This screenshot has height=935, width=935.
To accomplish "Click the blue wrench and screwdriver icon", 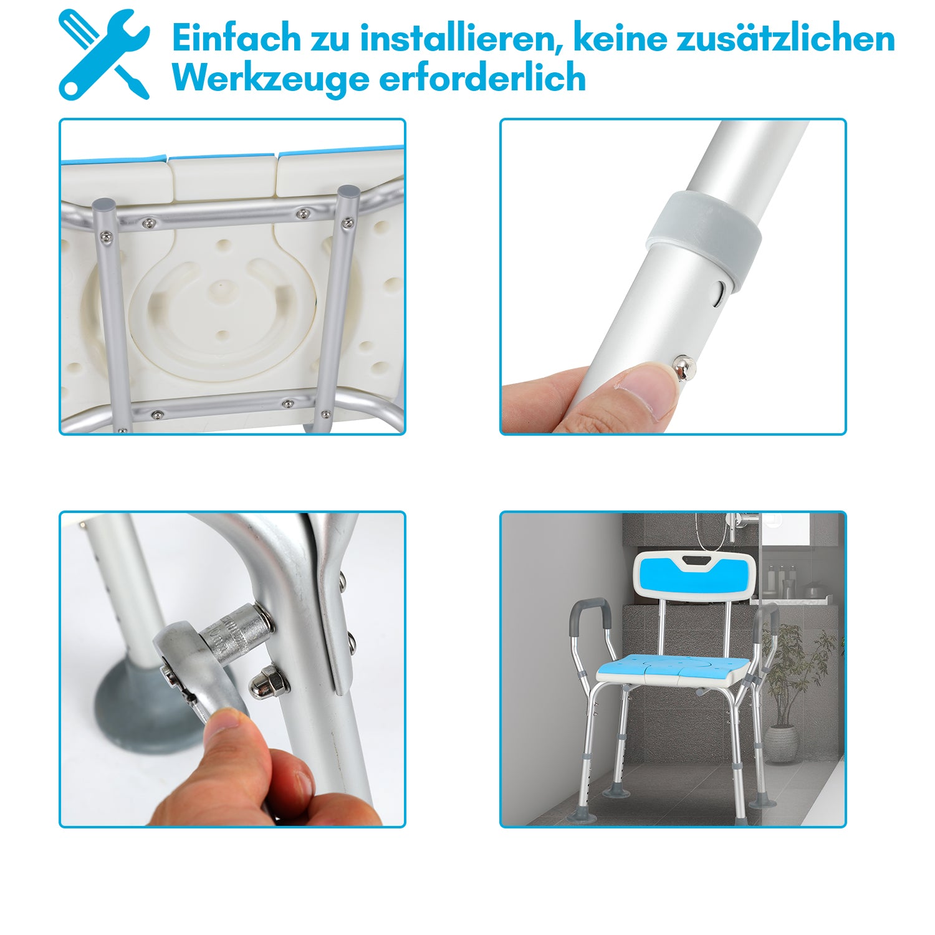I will point(104,54).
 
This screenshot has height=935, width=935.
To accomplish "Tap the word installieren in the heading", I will point(458,39).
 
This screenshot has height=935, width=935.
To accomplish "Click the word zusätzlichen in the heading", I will point(785,39).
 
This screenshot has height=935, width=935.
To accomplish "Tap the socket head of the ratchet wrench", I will point(240,630).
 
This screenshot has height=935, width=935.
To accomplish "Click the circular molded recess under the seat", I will point(221,318).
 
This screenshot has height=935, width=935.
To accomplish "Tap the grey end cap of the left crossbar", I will point(103,205).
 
